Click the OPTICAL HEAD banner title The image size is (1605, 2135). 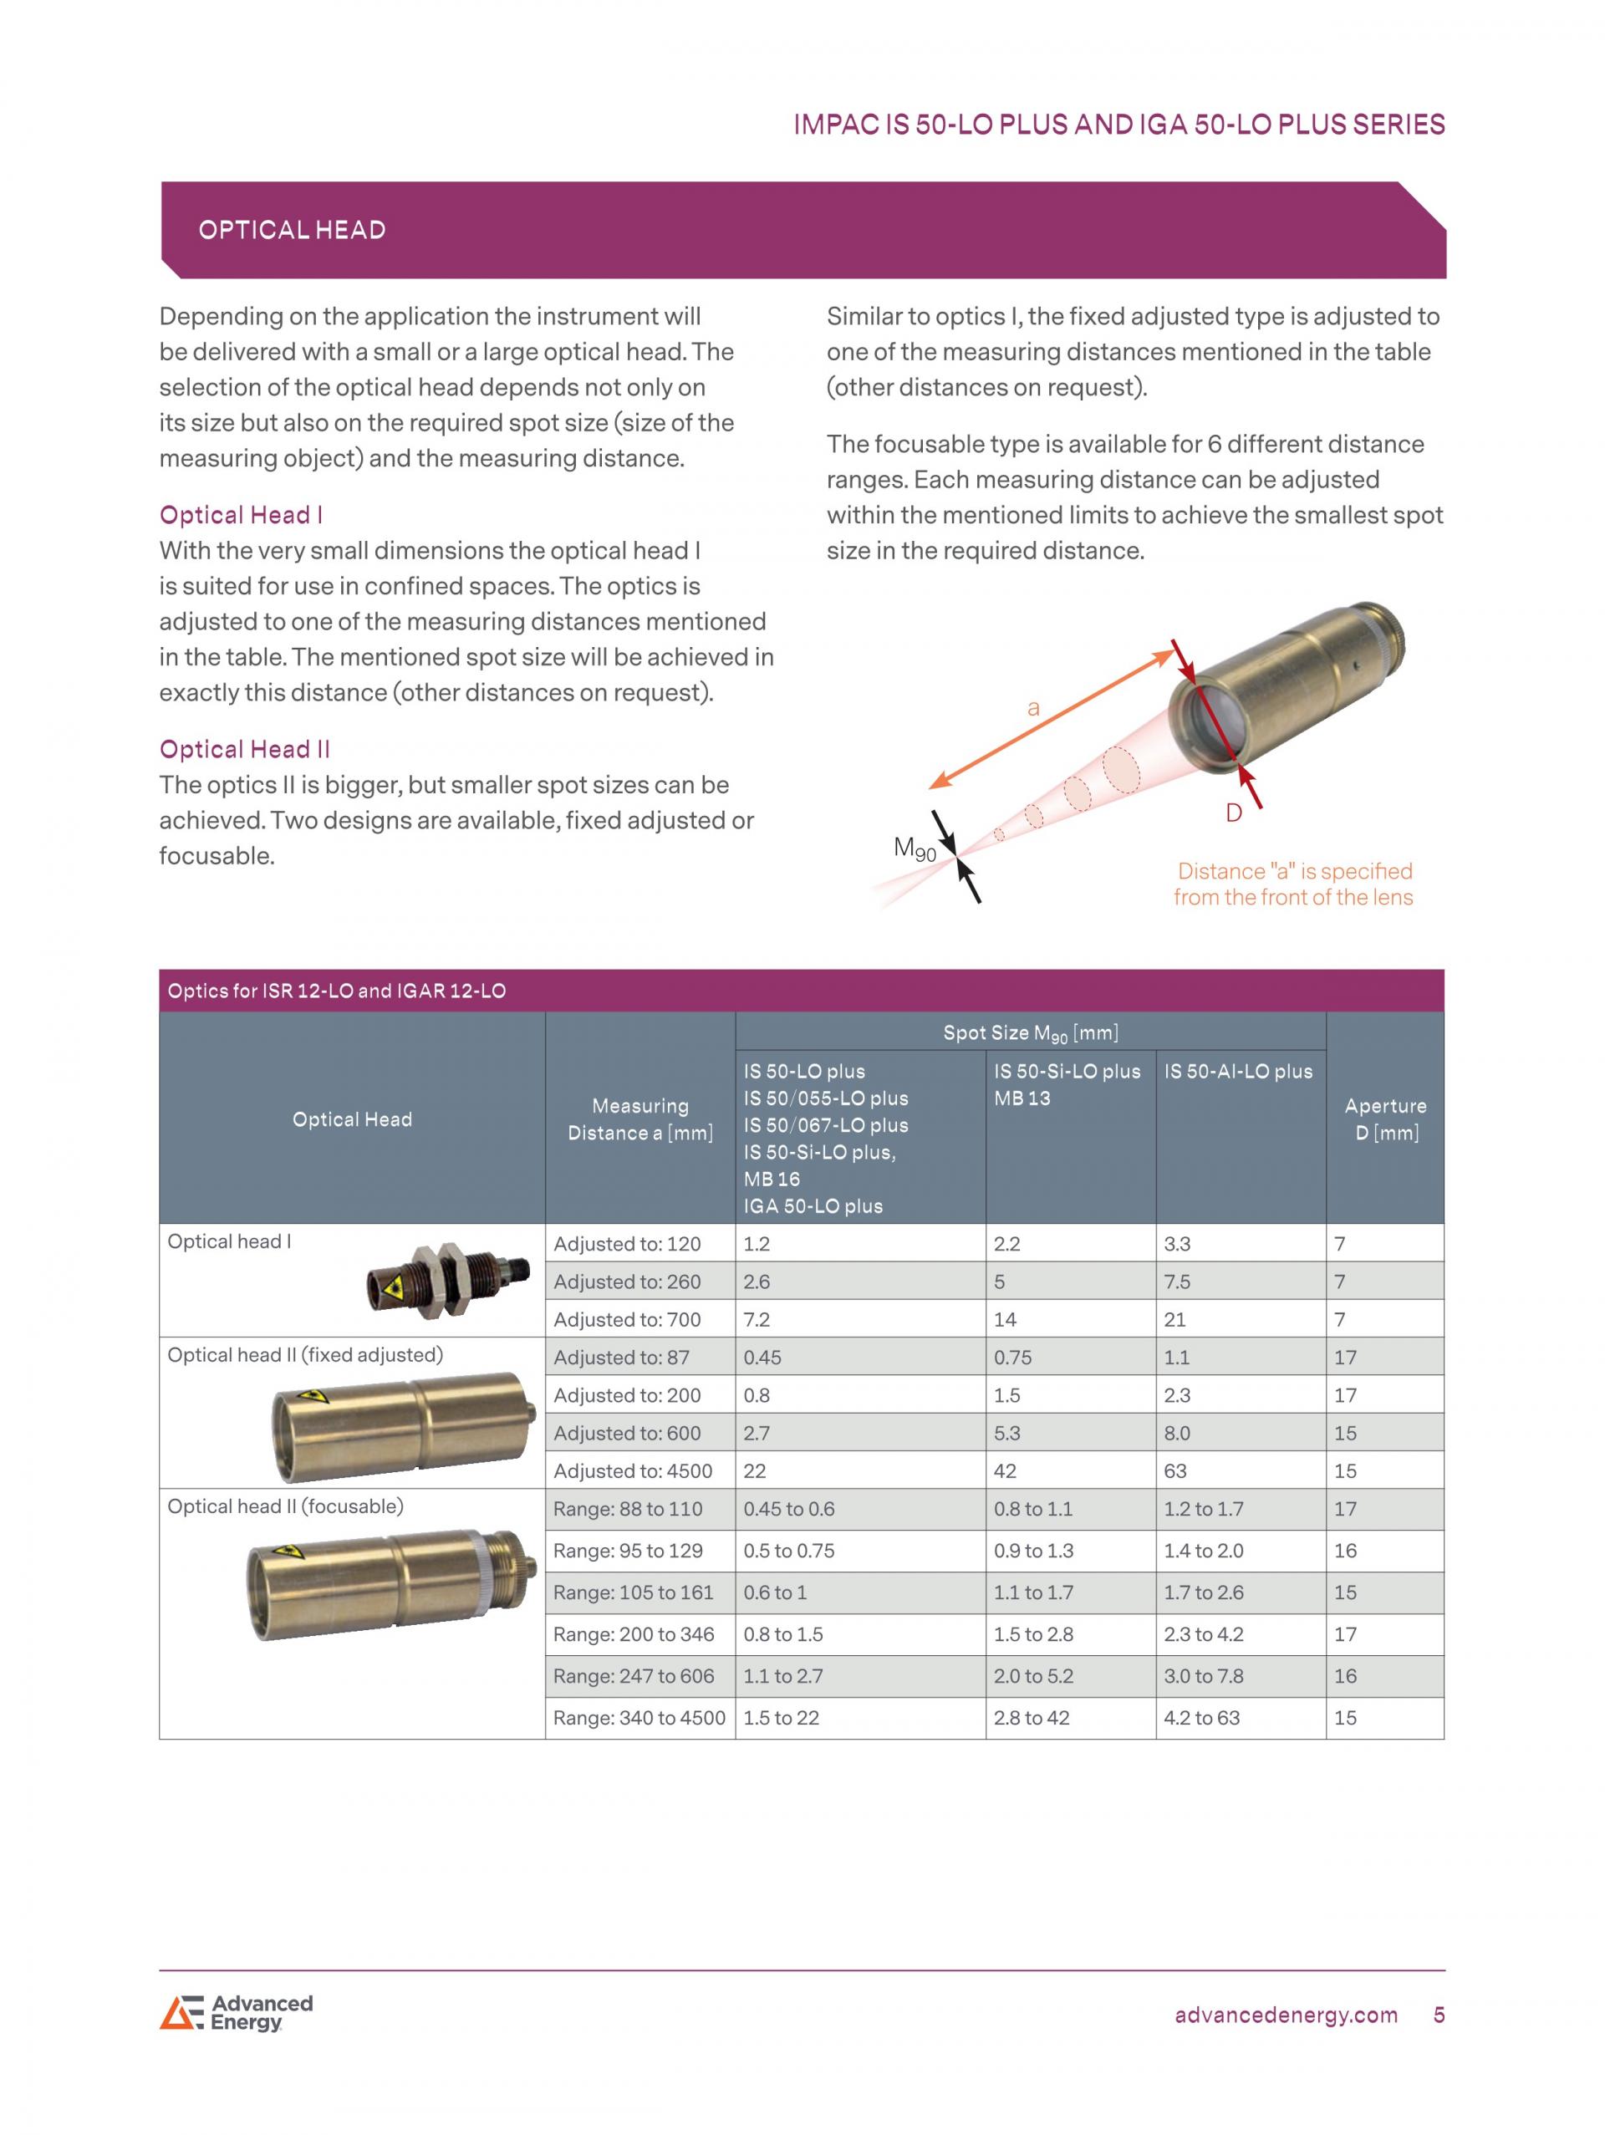click(x=292, y=230)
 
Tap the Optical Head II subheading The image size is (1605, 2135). click(x=244, y=749)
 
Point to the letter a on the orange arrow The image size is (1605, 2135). click(x=1034, y=707)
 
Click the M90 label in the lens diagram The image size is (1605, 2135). click(x=914, y=848)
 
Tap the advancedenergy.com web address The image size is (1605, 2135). click(x=1286, y=2015)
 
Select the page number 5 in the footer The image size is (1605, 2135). click(x=1439, y=2015)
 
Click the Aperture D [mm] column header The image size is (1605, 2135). click(x=1385, y=1118)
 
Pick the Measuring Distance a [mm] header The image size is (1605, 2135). click(x=639, y=1118)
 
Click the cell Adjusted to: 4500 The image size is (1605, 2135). click(x=633, y=1471)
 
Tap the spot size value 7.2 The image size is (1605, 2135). click(x=757, y=1319)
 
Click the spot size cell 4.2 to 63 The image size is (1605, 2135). click(x=1201, y=1717)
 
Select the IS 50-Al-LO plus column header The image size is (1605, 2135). click(x=1238, y=1072)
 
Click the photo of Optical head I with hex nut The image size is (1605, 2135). click(x=448, y=1280)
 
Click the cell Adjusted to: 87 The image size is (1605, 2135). click(x=622, y=1357)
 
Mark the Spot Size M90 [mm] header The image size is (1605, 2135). click(x=1030, y=1032)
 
